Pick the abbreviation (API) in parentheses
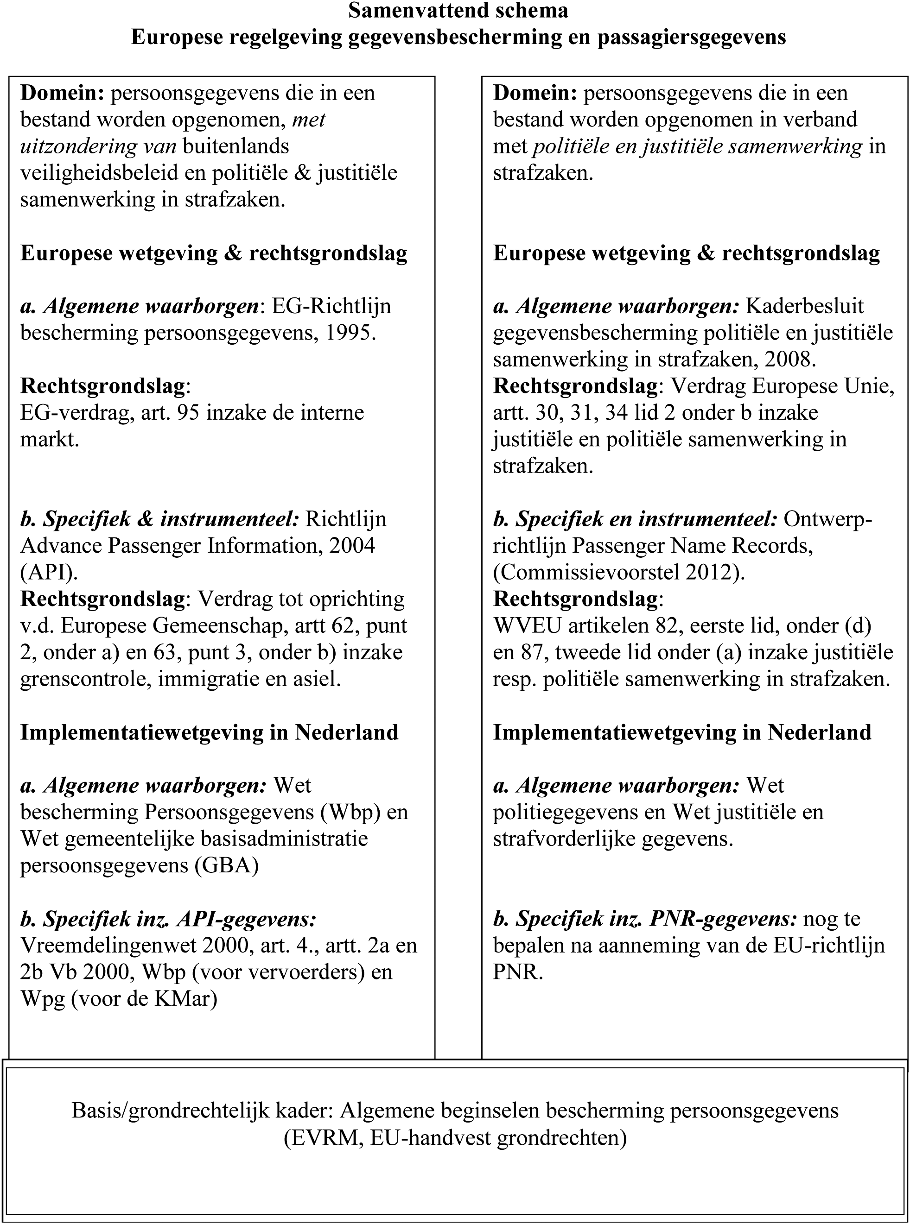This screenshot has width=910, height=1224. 49,572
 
